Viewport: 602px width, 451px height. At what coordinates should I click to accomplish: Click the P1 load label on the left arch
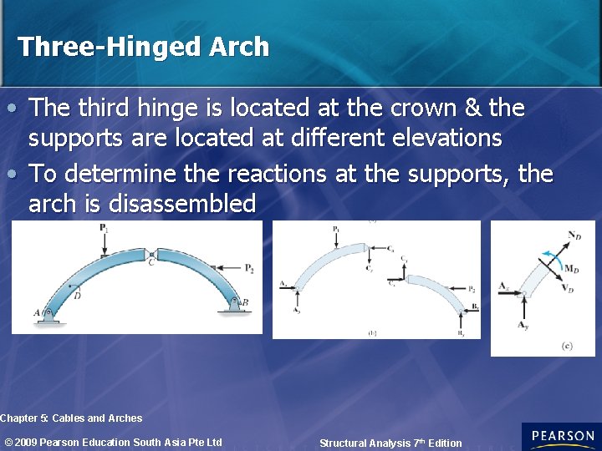click(x=104, y=228)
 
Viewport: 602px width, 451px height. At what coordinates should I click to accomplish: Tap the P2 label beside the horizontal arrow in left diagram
click(x=249, y=267)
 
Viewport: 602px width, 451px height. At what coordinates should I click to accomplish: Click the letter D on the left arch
click(x=76, y=294)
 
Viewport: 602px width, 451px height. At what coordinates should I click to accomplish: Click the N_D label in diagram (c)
click(x=574, y=237)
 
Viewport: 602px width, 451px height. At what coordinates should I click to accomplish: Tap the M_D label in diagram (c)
click(x=572, y=268)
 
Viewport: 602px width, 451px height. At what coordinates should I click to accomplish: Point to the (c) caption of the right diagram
click(x=567, y=346)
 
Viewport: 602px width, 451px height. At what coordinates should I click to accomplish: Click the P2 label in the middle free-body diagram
click(x=472, y=289)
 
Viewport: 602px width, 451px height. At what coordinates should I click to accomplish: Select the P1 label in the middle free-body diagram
click(x=336, y=229)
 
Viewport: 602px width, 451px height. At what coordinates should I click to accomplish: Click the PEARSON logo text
click(x=562, y=436)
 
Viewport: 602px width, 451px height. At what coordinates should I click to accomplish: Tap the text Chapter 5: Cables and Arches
click(x=71, y=418)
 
